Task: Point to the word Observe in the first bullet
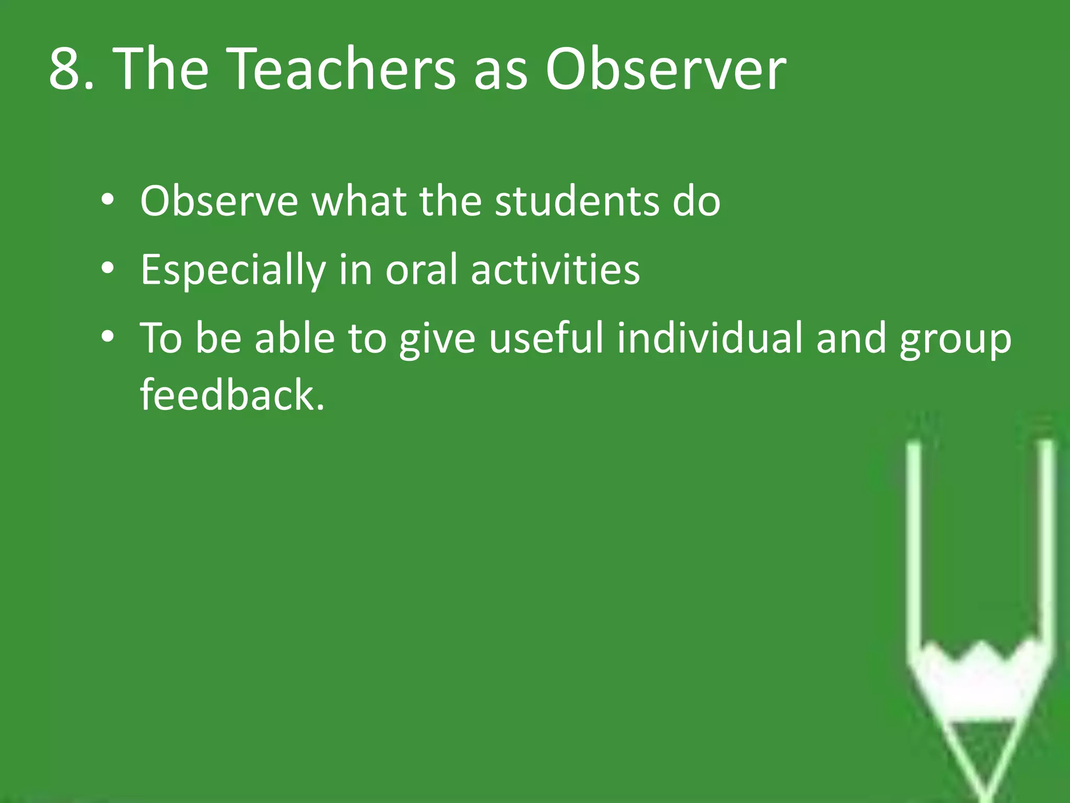click(x=219, y=201)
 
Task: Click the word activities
click(x=555, y=270)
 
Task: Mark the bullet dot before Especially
click(x=108, y=268)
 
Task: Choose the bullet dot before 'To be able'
click(x=108, y=337)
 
